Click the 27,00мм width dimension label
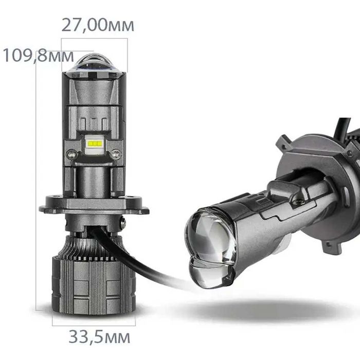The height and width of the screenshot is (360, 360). [98, 24]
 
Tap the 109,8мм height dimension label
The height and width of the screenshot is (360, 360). [38, 56]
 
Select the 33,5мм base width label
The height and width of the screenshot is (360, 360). [99, 337]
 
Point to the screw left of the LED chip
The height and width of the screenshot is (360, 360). [73, 153]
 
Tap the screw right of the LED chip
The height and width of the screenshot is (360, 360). [116, 153]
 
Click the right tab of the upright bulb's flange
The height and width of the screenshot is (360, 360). [141, 205]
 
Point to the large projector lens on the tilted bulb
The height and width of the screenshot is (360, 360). [211, 237]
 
